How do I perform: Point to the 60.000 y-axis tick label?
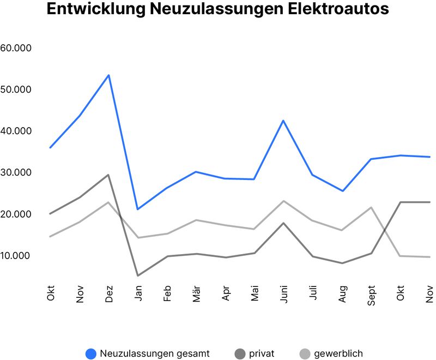click(x=16, y=48)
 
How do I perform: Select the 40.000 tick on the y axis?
click(x=16, y=131)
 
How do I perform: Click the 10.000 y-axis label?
click(x=16, y=255)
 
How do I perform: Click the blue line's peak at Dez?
click(x=109, y=75)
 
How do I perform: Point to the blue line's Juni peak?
click(x=283, y=121)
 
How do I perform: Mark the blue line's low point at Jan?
click(x=138, y=209)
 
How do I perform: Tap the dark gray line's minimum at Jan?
click(x=138, y=275)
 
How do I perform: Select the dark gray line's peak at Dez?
click(x=109, y=175)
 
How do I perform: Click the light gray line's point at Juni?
click(x=283, y=201)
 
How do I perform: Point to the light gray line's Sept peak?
click(x=371, y=207)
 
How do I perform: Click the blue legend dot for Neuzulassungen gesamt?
click(x=91, y=354)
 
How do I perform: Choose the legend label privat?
click(x=262, y=354)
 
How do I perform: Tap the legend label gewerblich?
click(x=338, y=354)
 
